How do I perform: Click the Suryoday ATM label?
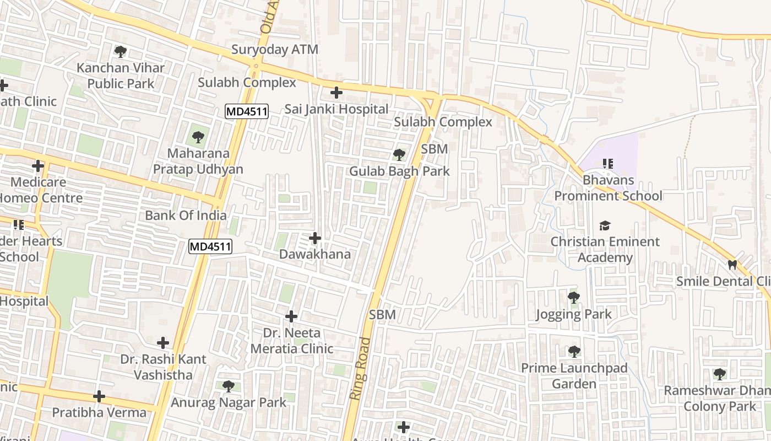tap(274, 50)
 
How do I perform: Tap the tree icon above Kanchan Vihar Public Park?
tap(121, 52)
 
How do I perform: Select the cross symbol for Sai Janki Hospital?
tap(336, 93)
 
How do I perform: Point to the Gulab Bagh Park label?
tap(399, 171)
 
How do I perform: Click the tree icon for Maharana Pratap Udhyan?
tap(198, 137)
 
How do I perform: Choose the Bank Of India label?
tap(186, 216)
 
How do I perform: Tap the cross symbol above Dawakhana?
tap(315, 238)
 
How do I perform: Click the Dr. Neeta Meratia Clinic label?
tap(292, 341)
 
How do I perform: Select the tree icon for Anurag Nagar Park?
tap(228, 386)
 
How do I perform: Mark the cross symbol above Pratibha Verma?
tap(99, 396)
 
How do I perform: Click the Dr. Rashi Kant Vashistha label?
tap(164, 367)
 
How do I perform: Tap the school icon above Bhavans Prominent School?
tap(608, 164)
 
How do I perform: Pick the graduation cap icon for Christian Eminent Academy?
tap(605, 225)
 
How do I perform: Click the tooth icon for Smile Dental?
tap(732, 265)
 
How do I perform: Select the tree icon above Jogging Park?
tap(573, 298)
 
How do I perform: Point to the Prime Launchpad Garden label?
tap(574, 375)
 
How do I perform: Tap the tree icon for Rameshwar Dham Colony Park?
tap(719, 374)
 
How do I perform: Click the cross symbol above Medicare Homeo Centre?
tap(38, 166)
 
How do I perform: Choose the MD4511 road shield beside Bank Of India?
tap(210, 246)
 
